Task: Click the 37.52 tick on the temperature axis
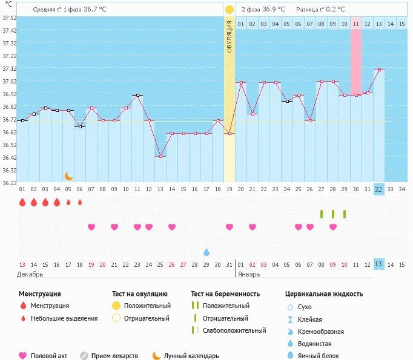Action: pyautogui.click(x=9, y=18)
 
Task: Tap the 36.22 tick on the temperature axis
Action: pyautogui.click(x=9, y=182)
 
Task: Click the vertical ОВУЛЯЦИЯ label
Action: pyautogui.click(x=230, y=37)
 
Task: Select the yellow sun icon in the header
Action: pyautogui.click(x=230, y=10)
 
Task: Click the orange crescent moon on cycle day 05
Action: pyautogui.click(x=68, y=176)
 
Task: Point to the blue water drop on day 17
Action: pyautogui.click(x=206, y=252)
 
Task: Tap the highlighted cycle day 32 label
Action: pyautogui.click(x=378, y=189)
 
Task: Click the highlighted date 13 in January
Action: pyautogui.click(x=378, y=264)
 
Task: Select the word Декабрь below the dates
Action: pyautogui.click(x=30, y=274)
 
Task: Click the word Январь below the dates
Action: pyautogui.click(x=249, y=274)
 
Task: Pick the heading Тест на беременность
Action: pyautogui.click(x=225, y=294)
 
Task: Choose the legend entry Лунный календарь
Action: pyautogui.click(x=191, y=356)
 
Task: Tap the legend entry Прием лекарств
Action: pyautogui.click(x=114, y=356)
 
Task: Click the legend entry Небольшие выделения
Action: pyautogui.click(x=64, y=318)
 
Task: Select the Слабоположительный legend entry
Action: pyautogui.click(x=234, y=330)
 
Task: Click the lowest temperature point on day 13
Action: pyautogui.click(x=160, y=157)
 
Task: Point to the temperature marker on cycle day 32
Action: pyautogui.click(x=379, y=70)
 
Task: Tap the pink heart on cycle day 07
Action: pyautogui.click(x=91, y=227)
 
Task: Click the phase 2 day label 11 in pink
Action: pyautogui.click(x=356, y=24)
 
